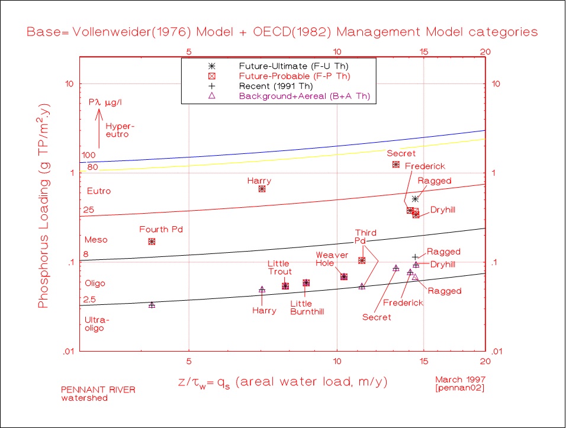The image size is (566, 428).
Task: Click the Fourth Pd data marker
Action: click(x=152, y=242)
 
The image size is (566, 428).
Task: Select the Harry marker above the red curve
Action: click(x=262, y=189)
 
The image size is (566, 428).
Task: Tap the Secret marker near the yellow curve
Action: click(x=395, y=164)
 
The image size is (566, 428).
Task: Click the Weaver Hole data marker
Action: click(x=344, y=276)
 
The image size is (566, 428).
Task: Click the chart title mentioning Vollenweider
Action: click(x=282, y=32)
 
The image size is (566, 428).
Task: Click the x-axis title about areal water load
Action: click(x=283, y=382)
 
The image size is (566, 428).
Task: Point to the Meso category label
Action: click(x=96, y=240)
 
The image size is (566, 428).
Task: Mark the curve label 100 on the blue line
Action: click(x=89, y=155)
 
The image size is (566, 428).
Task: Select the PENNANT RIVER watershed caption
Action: click(x=91, y=394)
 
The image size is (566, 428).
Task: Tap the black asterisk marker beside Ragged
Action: click(x=415, y=199)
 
